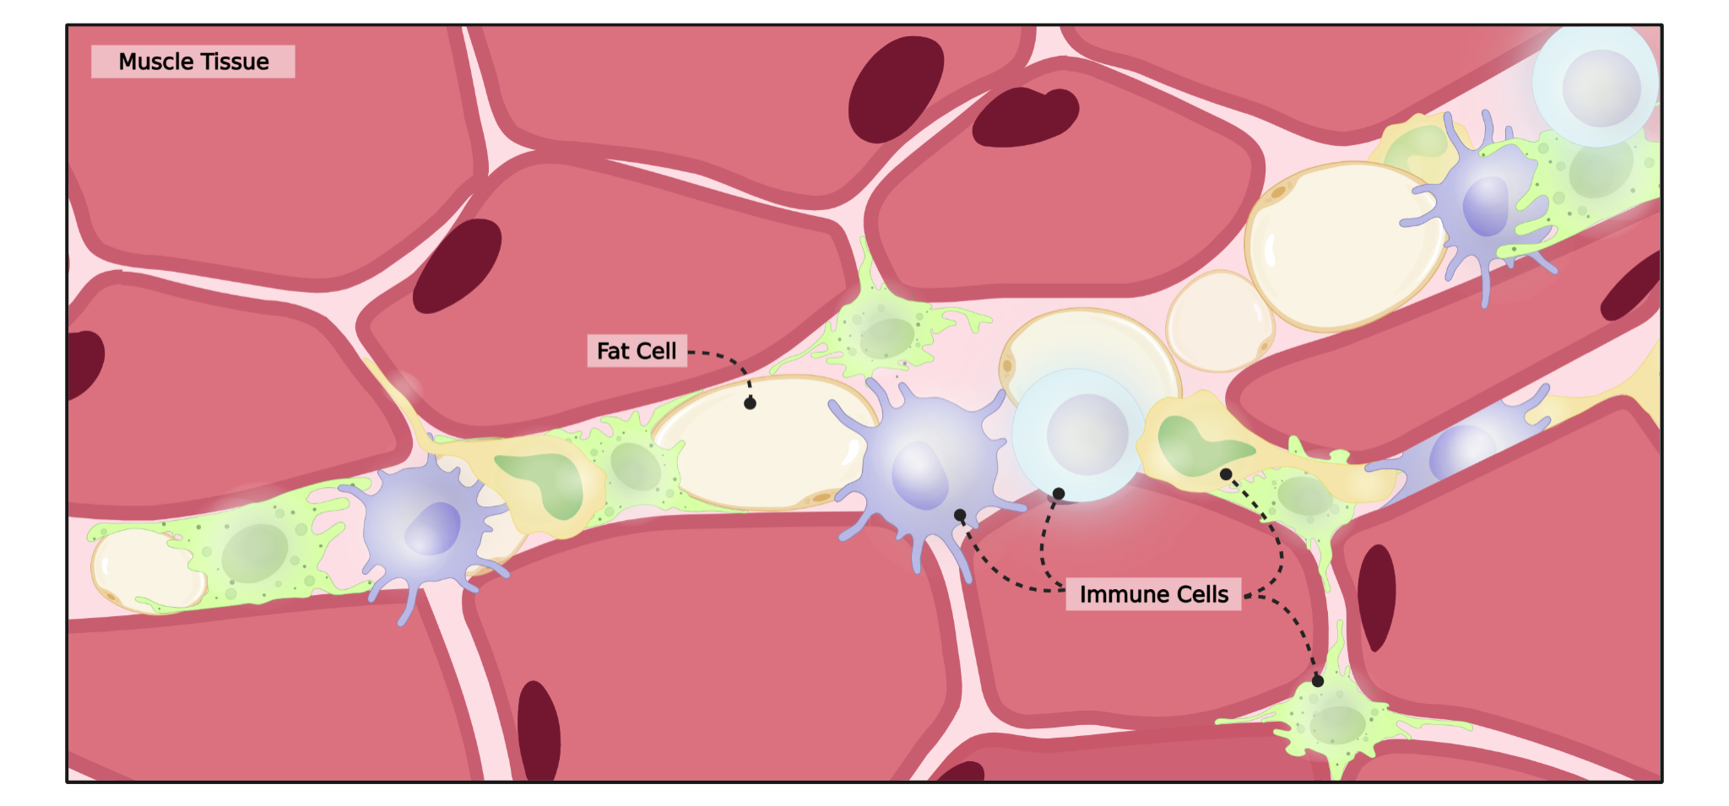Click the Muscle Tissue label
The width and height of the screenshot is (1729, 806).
tap(193, 62)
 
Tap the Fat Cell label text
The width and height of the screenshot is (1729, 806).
tap(637, 351)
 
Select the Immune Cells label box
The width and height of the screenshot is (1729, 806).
tap(1153, 594)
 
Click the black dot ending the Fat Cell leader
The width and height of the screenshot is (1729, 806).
tap(750, 403)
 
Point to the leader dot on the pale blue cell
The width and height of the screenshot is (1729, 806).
tap(1059, 494)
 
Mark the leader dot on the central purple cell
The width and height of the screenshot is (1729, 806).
tap(960, 515)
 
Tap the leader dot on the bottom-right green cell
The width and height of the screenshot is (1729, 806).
tap(1318, 681)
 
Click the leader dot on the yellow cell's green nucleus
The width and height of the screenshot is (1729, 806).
tap(1226, 474)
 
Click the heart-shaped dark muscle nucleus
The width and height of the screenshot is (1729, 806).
tap(1025, 116)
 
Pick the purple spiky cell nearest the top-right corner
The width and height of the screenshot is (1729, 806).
tap(1482, 203)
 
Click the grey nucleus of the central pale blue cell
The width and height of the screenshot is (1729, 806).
tap(1087, 434)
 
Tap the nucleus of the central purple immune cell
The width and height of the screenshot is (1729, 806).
tap(920, 477)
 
